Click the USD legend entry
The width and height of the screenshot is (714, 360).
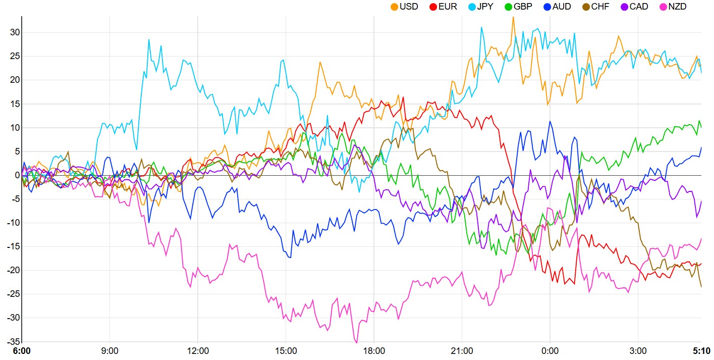click(404, 7)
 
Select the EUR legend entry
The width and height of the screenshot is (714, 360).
click(444, 7)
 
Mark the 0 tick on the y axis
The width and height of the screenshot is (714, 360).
click(17, 175)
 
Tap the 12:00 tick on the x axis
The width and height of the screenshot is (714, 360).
click(198, 350)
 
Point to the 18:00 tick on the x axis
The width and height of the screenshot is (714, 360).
click(373, 350)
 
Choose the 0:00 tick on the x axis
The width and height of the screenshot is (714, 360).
click(550, 350)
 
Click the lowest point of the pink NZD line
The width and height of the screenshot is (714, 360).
click(356, 343)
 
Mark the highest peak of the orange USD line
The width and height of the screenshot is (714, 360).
click(513, 17)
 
